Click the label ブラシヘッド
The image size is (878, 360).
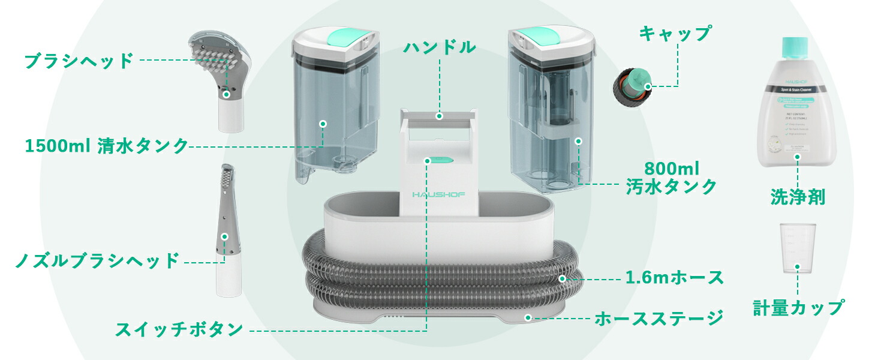[79, 61]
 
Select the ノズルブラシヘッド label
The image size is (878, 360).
[97, 261]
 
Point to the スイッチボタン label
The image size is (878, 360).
[179, 329]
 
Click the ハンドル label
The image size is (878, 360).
[440, 47]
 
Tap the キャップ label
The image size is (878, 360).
[675, 34]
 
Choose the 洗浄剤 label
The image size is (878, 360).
[798, 197]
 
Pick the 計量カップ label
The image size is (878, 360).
[798, 308]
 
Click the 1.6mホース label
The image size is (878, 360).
[675, 278]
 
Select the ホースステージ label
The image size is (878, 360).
[659, 318]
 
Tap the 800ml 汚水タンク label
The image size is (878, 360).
[672, 177]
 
